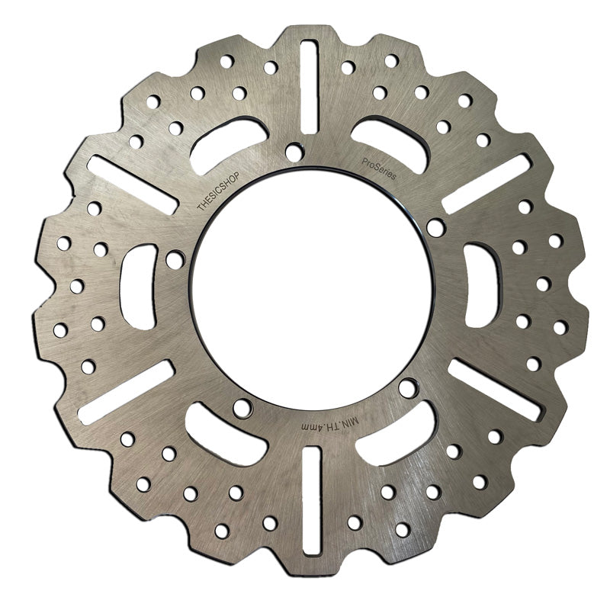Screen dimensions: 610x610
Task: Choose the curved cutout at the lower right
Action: click(396, 435)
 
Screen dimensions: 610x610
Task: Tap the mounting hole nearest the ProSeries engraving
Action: click(435, 227)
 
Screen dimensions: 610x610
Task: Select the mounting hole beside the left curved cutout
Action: click(175, 260)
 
